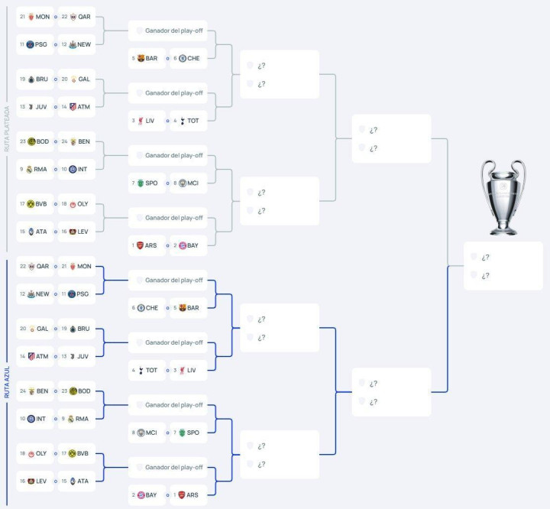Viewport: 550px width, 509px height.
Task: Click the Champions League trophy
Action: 503,197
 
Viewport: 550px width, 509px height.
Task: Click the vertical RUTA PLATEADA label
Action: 7,129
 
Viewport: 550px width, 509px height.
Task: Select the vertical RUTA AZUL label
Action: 7,382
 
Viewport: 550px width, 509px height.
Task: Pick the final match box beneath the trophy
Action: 503,266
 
